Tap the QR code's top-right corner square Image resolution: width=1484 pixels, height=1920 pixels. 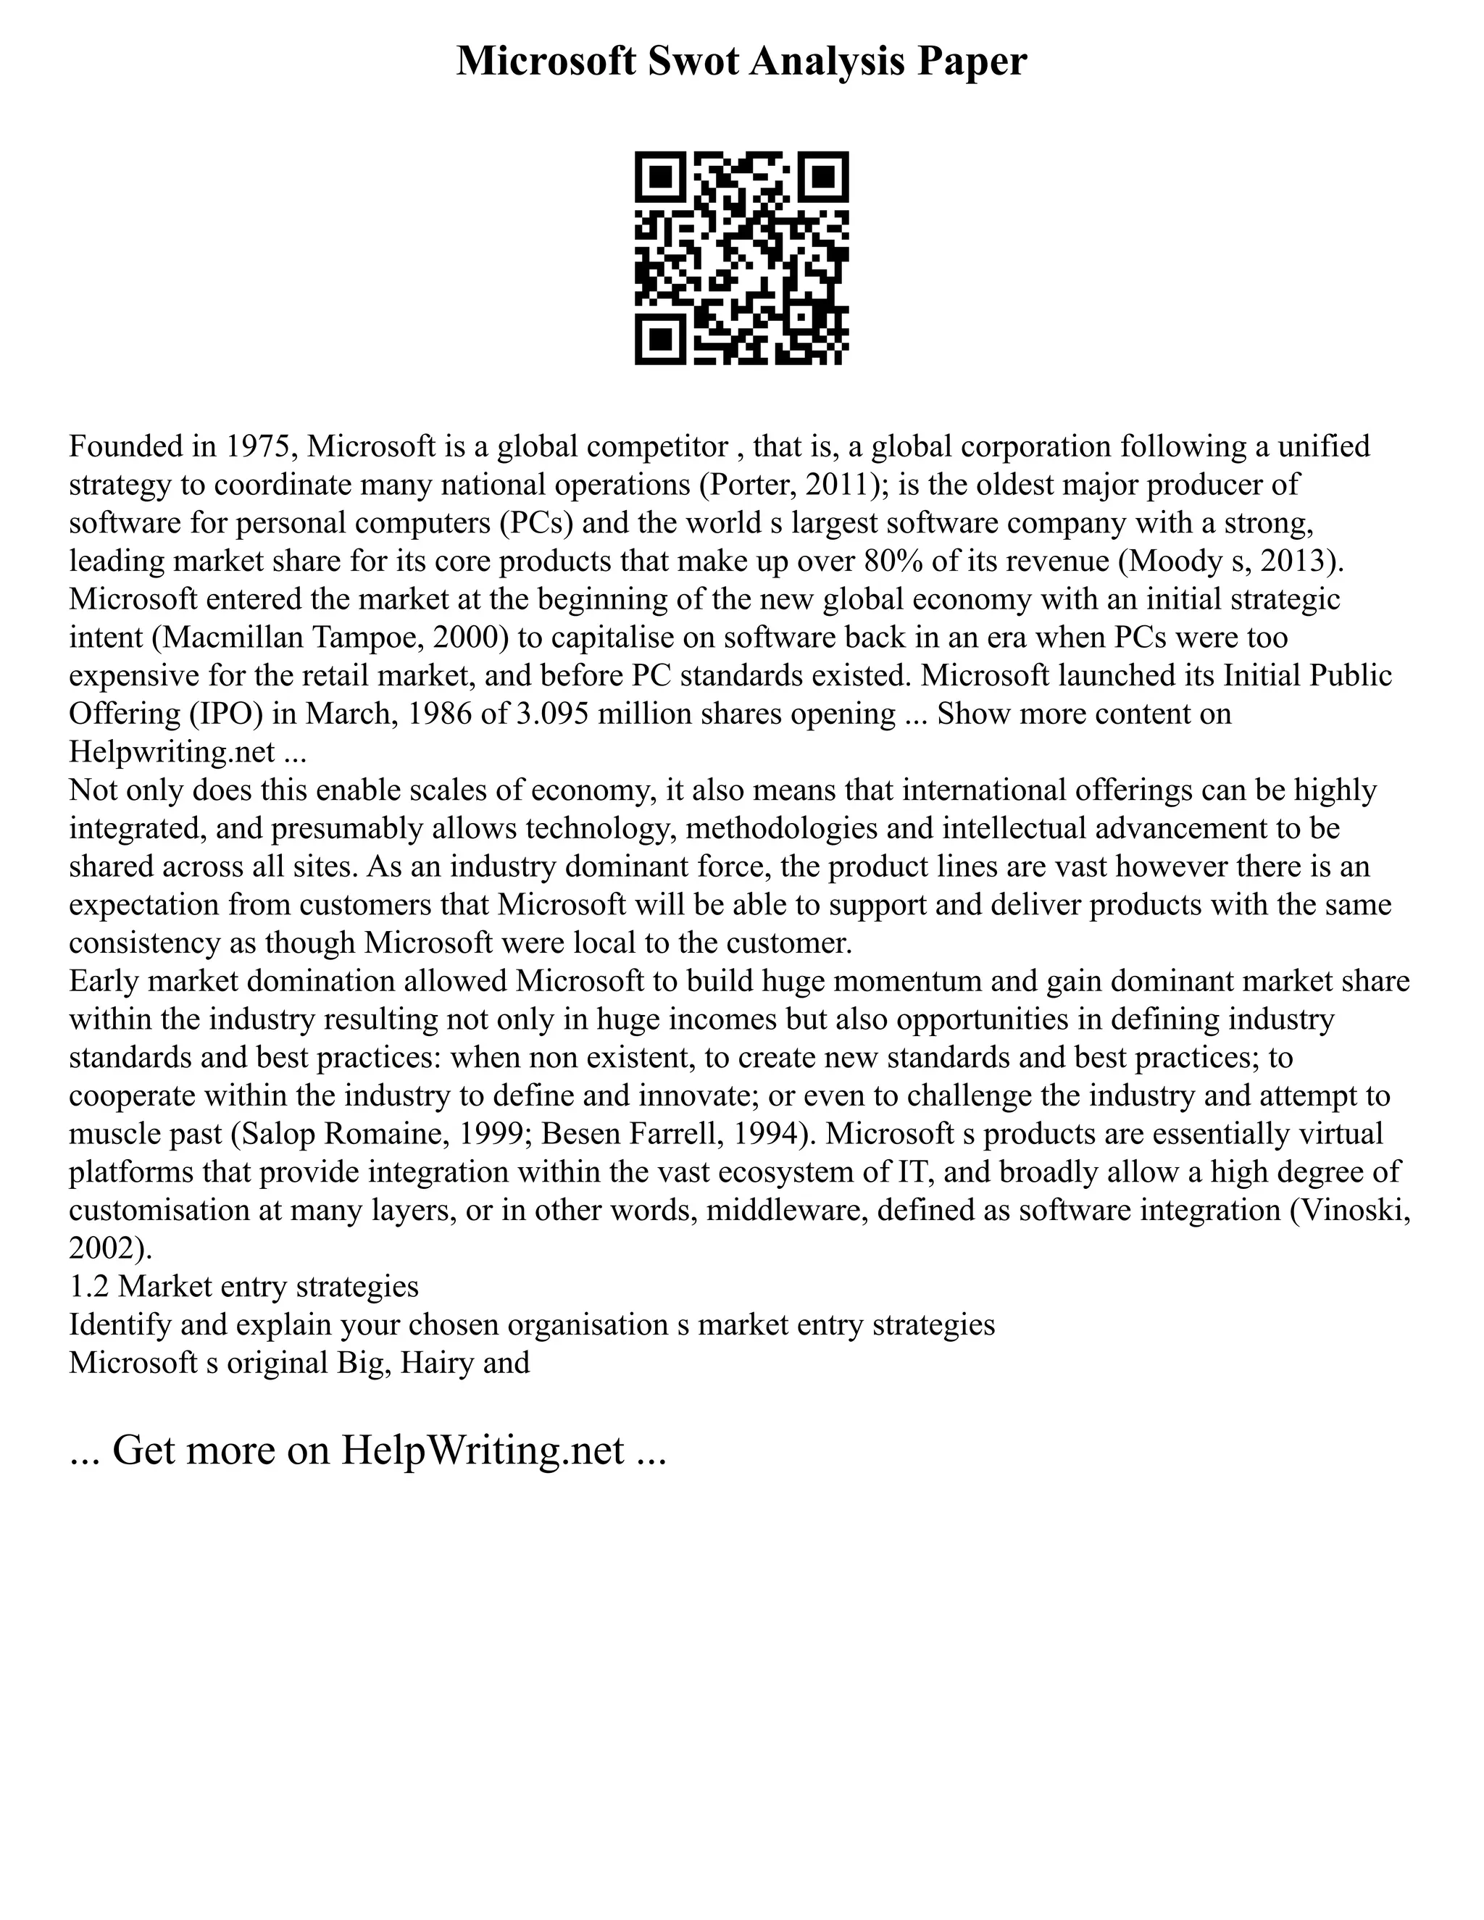pos(824,177)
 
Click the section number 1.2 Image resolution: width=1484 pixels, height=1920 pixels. pos(89,1286)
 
